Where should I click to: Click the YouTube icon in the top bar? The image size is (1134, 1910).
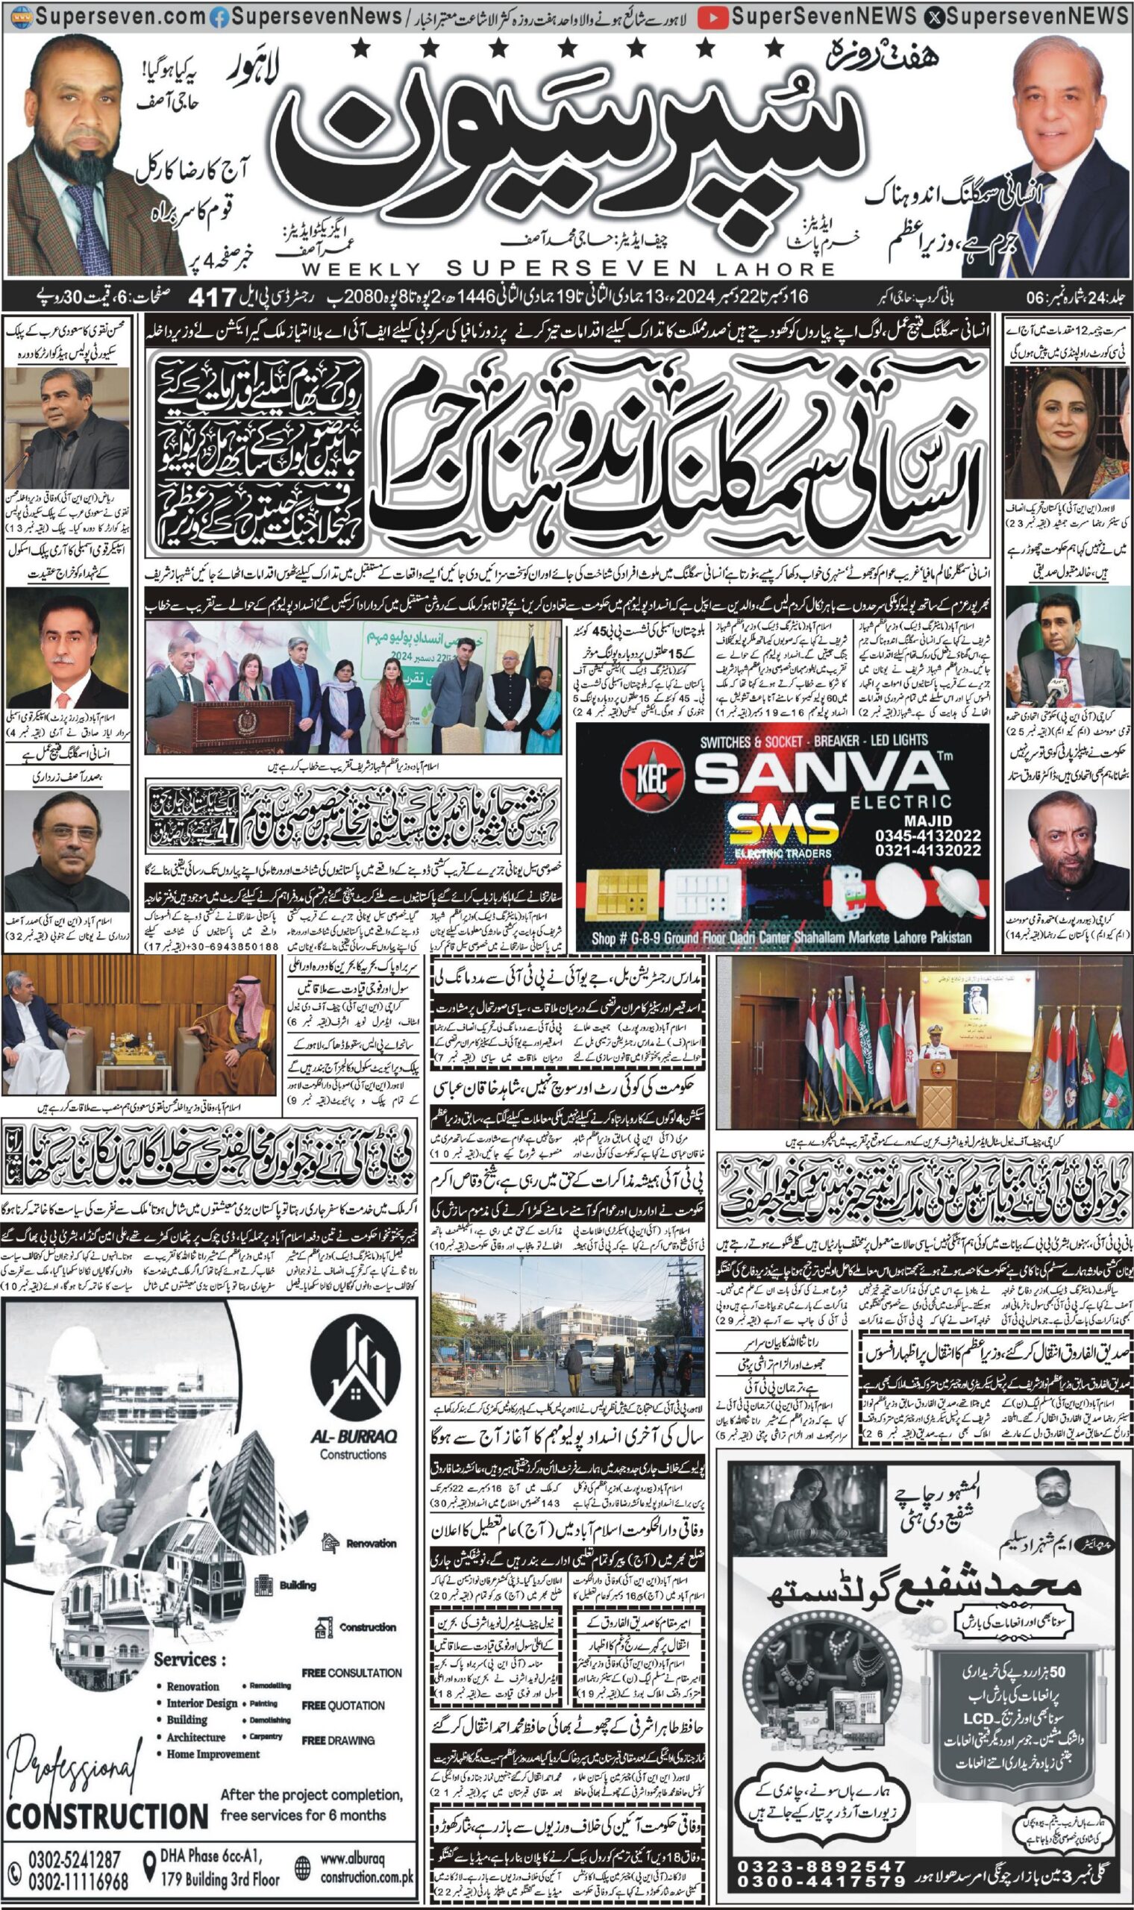coord(712,17)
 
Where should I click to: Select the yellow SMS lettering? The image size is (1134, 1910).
coord(781,827)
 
